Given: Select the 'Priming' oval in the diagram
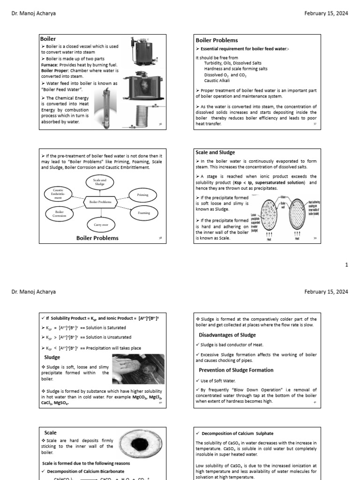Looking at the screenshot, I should tap(142, 195).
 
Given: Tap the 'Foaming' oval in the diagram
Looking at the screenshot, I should tap(143, 212).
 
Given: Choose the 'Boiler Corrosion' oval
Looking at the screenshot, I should tap(60, 214).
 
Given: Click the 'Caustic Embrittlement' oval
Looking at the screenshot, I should tap(59, 194).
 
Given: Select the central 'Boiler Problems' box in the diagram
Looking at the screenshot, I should tap(100, 202).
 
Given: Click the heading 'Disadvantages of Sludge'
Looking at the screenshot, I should tap(227, 335).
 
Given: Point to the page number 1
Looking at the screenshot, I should tap(346, 265).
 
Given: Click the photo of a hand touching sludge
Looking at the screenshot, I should tap(137, 369).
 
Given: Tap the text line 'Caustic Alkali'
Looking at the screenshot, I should tap(218, 81).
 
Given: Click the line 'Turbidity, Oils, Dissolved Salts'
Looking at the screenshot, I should tap(233, 63).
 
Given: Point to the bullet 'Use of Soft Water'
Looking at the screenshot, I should tap(220, 380).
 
